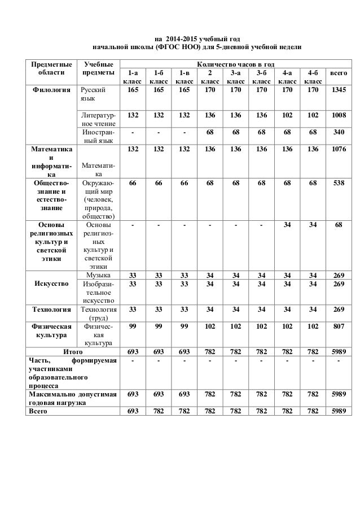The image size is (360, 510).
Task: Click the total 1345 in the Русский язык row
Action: pyautogui.click(x=339, y=89)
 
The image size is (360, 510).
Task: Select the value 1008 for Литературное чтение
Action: pyautogui.click(x=339, y=115)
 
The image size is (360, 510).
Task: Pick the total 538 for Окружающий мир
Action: pyautogui.click(x=339, y=184)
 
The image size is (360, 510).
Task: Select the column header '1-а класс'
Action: pyautogui.click(x=133, y=77)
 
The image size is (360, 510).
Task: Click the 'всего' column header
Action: pyautogui.click(x=339, y=73)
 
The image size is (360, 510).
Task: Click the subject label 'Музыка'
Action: pyautogui.click(x=98, y=275)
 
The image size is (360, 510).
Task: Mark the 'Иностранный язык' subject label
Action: pyautogui.click(x=98, y=137)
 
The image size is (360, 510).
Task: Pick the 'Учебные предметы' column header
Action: pyautogui.click(x=98, y=69)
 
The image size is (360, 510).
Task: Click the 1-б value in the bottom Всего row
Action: pyautogui.click(x=158, y=412)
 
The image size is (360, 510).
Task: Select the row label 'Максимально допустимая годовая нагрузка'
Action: pyautogui.click(x=72, y=397)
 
